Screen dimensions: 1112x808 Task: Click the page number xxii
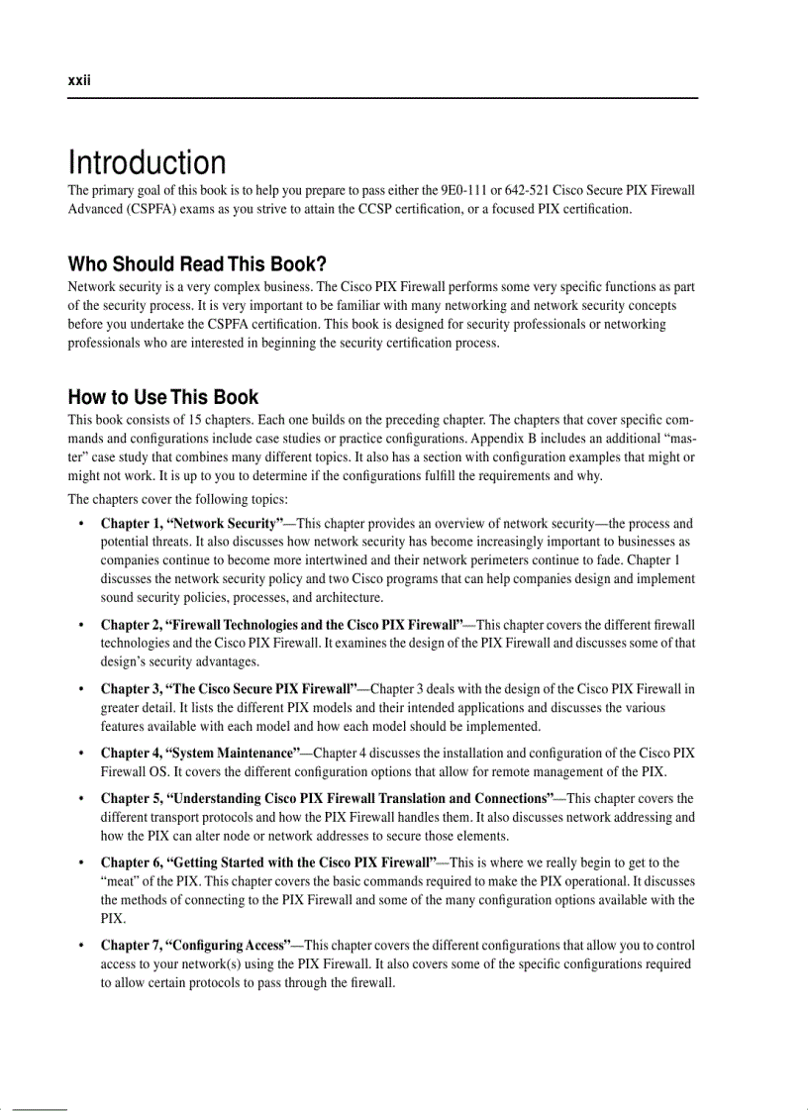(78, 81)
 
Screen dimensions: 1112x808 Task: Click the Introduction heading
(147, 162)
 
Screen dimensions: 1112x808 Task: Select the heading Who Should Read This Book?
(197, 264)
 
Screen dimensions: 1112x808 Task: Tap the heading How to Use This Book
(162, 397)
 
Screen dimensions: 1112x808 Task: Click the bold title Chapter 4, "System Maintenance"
(201, 754)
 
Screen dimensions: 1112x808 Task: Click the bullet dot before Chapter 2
(79, 626)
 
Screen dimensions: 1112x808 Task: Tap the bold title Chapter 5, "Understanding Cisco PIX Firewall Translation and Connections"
(327, 798)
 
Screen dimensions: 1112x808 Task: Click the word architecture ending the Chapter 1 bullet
(350, 598)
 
